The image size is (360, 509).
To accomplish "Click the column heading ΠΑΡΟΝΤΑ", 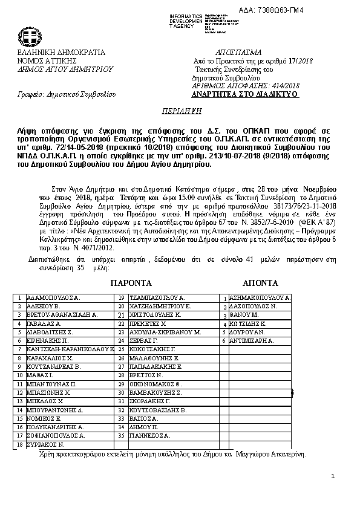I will click(x=131, y=283).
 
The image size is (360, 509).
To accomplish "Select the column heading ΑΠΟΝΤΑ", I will click(x=260, y=283).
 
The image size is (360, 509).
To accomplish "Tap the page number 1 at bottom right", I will click(x=333, y=478).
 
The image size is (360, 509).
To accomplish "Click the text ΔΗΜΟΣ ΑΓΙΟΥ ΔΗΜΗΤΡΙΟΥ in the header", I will click(x=65, y=70).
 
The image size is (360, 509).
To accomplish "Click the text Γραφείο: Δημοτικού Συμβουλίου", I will click(x=66, y=95).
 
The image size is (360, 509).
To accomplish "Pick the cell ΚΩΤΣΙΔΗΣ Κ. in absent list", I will click(x=250, y=324).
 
